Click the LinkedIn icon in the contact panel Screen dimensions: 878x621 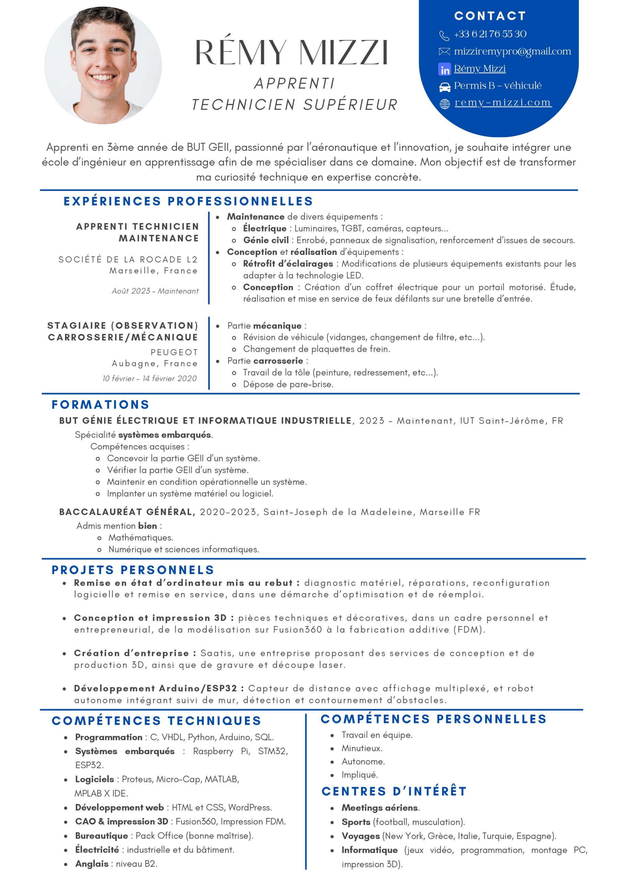point(444,69)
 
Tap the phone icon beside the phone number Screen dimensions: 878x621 point(444,36)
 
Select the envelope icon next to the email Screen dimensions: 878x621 point(444,52)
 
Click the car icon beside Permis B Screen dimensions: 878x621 point(444,87)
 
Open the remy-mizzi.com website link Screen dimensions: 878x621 point(503,103)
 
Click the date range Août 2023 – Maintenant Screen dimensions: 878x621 point(155,291)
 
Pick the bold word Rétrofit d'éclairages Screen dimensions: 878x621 point(288,263)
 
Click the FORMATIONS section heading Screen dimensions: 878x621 point(100,405)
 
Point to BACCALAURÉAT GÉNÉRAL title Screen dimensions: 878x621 point(127,512)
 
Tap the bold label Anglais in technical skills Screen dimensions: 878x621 point(92,864)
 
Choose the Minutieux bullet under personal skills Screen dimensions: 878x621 point(362,748)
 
